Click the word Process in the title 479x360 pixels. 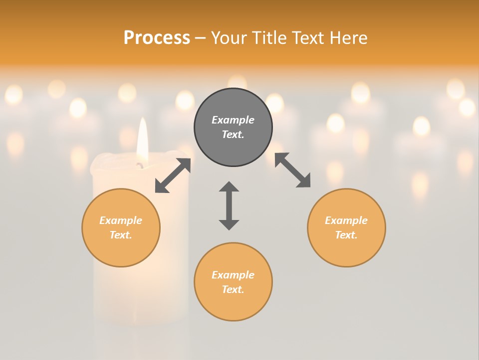pos(157,38)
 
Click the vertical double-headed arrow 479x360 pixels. pos(229,205)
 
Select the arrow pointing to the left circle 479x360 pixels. pos(173,175)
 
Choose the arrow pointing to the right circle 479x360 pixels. pos(293,170)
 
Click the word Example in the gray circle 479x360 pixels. pos(233,120)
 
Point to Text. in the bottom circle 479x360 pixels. pos(233,289)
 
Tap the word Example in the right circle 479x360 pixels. pos(346,220)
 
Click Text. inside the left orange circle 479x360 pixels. pos(121,235)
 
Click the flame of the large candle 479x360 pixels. pos(143,137)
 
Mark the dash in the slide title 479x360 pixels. pos(201,38)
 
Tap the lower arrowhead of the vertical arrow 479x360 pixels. pos(229,224)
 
